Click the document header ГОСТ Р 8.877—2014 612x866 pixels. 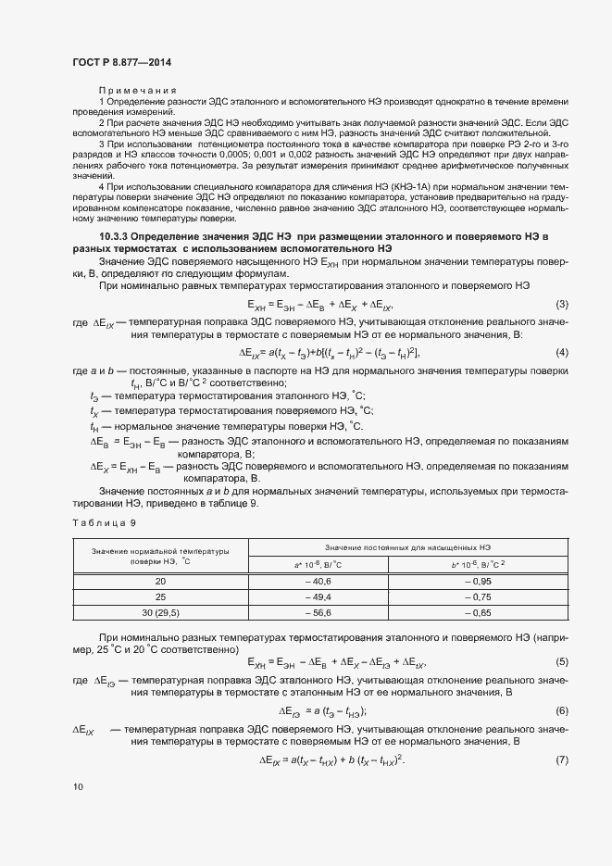point(121,61)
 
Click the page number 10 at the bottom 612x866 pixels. point(78,787)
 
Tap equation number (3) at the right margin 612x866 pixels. point(560,305)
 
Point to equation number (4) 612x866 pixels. point(560,352)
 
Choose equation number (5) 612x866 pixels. point(560,661)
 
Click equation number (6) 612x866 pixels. point(560,710)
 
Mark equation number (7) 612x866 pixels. point(560,759)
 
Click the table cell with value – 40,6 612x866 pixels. point(318,581)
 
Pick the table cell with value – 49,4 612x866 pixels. point(318,597)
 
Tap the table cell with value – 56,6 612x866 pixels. point(318,613)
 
